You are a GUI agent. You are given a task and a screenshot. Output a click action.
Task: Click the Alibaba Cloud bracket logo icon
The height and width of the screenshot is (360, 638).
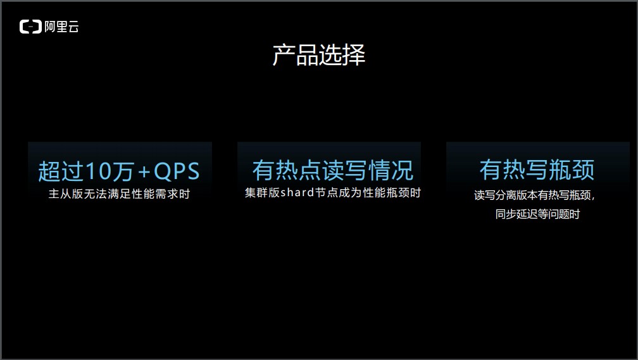[30, 27]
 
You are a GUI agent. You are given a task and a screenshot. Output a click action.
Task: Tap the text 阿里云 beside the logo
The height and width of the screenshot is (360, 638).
[61, 27]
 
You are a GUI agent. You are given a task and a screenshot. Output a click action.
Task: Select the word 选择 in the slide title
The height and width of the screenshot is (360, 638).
[342, 56]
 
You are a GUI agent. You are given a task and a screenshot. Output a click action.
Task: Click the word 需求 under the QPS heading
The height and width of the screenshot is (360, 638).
[155, 194]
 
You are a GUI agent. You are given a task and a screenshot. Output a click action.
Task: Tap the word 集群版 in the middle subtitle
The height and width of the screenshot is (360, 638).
[262, 192]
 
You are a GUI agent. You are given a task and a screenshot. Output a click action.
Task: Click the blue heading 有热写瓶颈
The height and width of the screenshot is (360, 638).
[537, 170]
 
